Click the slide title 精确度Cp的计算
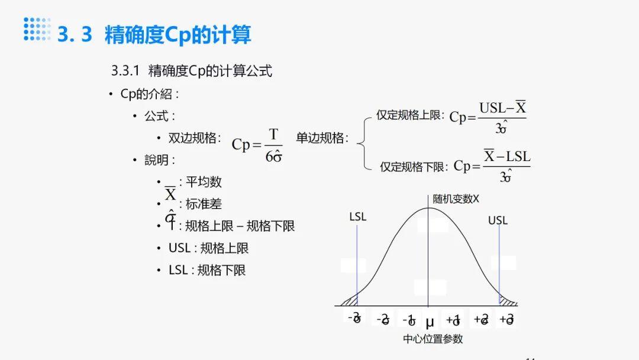click(x=177, y=34)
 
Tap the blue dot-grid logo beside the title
click(x=37, y=29)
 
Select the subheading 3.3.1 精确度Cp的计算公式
click(x=192, y=71)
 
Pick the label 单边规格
click(x=322, y=138)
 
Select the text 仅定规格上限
click(x=410, y=115)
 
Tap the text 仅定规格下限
click(x=413, y=167)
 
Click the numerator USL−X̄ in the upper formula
click(x=502, y=108)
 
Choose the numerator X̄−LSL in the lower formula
click(x=506, y=157)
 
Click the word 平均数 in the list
click(x=204, y=182)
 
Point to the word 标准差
click(x=204, y=204)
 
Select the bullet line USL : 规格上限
click(x=208, y=248)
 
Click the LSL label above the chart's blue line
click(x=357, y=217)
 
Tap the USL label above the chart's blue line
click(x=498, y=220)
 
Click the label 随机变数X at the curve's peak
click(x=456, y=199)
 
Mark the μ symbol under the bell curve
click(x=430, y=323)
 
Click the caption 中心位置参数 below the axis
click(x=433, y=339)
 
